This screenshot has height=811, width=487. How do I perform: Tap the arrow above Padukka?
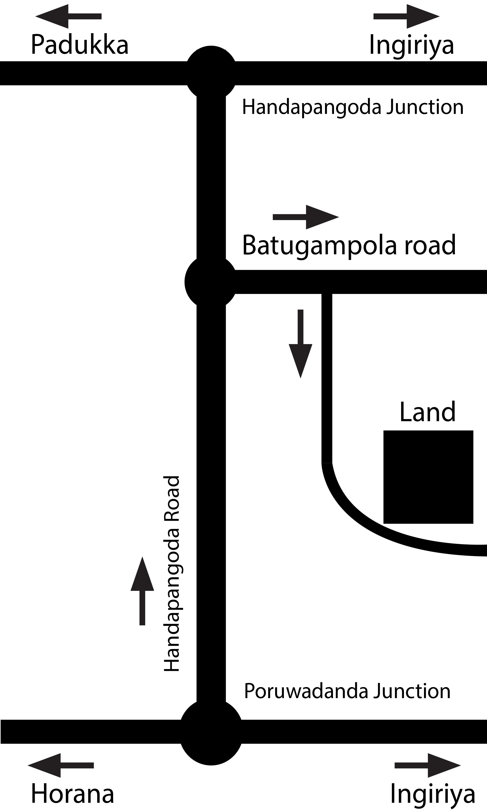pos(68,16)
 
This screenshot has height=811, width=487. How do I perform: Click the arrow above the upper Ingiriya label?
pos(407,16)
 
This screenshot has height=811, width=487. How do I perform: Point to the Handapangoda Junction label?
pos(353,107)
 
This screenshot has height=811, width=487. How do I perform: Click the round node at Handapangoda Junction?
pos(211,73)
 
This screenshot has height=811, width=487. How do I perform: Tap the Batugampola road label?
pos(349,245)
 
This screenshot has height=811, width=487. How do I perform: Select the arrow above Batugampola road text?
pos(306,217)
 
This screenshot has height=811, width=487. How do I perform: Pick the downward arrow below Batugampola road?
pos(300,344)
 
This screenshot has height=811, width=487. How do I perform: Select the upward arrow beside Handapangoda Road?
pos(142,591)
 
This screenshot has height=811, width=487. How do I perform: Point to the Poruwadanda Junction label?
pos(347,691)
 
